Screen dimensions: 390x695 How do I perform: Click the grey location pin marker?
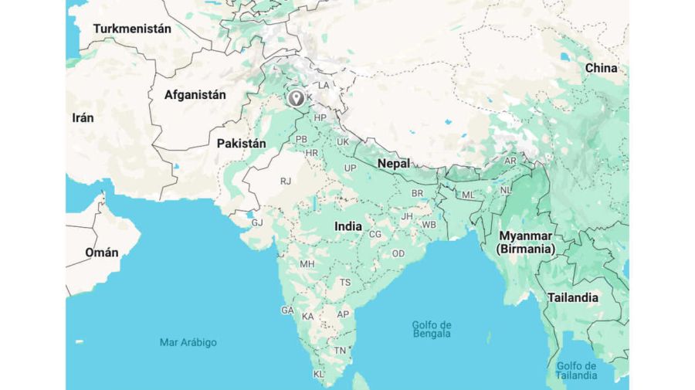(x=295, y=98)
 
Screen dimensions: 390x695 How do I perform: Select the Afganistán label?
(x=195, y=95)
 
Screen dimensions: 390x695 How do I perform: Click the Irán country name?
(x=83, y=117)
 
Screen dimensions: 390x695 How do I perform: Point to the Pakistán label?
(x=241, y=143)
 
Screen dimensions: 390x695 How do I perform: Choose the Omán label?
(x=102, y=253)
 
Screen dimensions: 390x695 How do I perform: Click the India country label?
(x=347, y=226)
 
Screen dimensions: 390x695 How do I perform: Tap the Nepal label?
(x=393, y=163)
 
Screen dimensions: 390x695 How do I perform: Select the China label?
(x=601, y=68)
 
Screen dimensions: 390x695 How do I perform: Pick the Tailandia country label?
(x=572, y=297)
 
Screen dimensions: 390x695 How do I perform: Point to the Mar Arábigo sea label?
(x=188, y=342)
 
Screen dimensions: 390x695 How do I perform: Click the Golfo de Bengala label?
(x=431, y=329)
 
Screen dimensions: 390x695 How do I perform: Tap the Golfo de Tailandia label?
(x=576, y=370)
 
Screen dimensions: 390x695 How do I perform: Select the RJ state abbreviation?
(x=286, y=181)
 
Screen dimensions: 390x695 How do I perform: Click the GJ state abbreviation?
(x=257, y=222)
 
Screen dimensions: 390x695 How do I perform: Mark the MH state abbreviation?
(x=307, y=263)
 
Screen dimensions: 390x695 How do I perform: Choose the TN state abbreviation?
(x=339, y=350)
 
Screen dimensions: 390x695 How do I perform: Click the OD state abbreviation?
(x=398, y=253)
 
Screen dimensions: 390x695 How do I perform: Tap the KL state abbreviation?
(x=318, y=374)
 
